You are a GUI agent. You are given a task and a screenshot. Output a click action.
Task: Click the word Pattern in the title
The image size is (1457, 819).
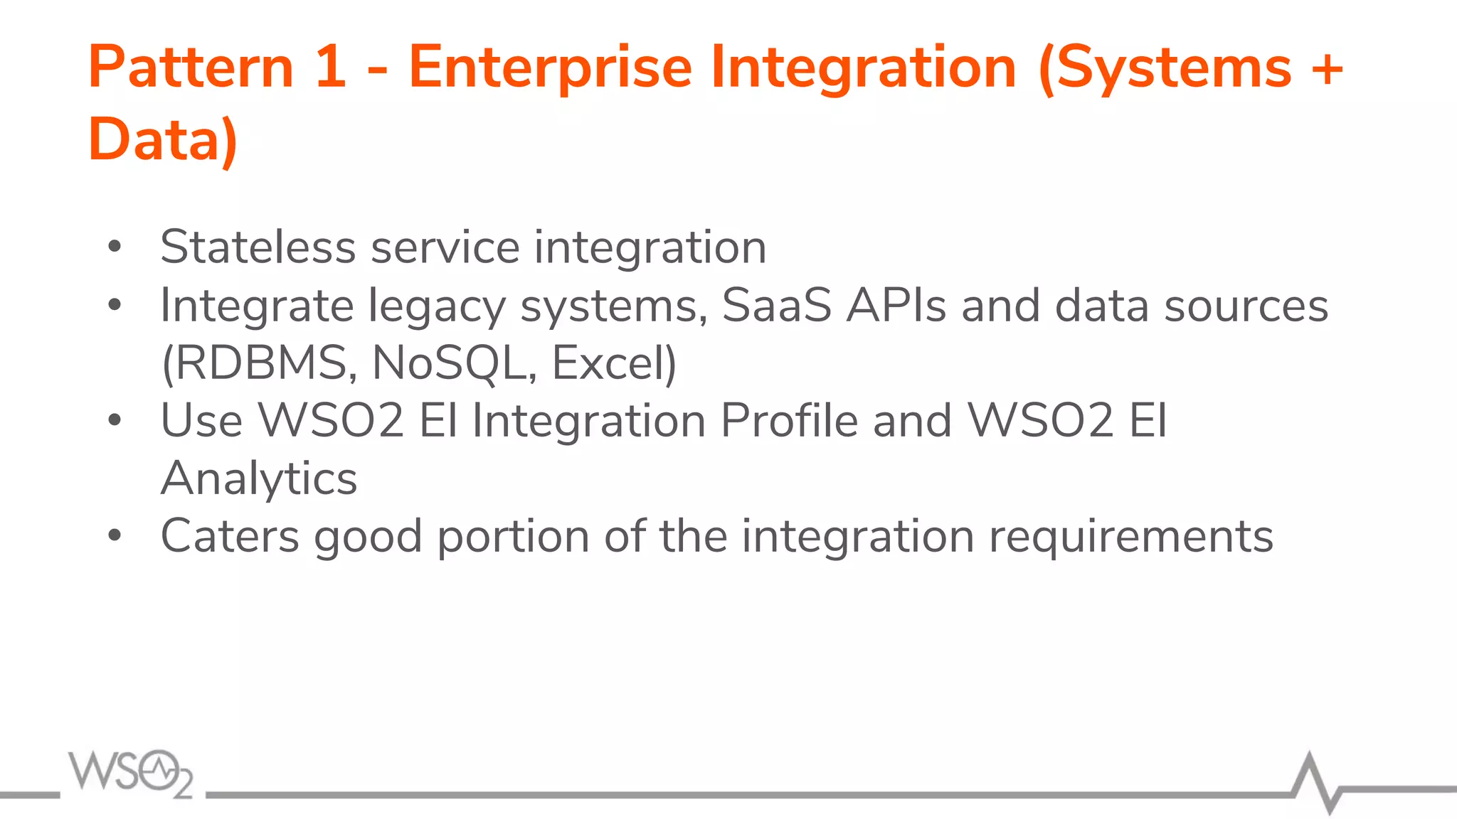tap(191, 68)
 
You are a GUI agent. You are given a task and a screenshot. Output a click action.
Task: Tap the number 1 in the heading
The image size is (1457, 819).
tap(330, 68)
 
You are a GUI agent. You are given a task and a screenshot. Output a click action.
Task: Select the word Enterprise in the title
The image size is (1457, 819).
tap(550, 69)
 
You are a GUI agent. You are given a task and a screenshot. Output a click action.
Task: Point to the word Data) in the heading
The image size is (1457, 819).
tap(163, 140)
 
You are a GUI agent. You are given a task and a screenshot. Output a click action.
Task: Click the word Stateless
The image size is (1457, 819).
tap(258, 247)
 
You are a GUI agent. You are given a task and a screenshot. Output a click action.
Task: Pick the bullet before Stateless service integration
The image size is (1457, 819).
tap(115, 247)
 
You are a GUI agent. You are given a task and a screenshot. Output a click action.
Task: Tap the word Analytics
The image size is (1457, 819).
tap(259, 480)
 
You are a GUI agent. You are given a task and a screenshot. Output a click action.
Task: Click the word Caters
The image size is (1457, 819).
tap(230, 536)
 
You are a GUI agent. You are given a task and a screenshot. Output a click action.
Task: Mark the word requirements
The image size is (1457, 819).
tap(1131, 537)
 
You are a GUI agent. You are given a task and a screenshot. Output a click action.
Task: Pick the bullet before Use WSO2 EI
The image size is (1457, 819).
tap(115, 421)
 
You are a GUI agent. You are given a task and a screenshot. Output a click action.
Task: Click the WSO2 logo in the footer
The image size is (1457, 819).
tap(130, 773)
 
